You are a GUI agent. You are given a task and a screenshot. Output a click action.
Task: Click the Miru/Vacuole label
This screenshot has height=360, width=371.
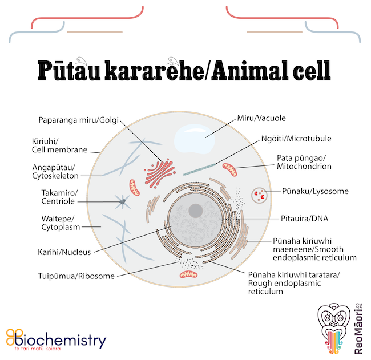pos(261,118)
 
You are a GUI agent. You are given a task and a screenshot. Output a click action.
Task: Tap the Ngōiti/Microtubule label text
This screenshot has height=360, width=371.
pos(296,139)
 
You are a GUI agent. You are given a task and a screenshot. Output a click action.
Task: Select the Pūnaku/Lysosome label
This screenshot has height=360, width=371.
pos(315,191)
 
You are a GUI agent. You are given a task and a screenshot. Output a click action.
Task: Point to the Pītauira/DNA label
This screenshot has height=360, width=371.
pos(305,219)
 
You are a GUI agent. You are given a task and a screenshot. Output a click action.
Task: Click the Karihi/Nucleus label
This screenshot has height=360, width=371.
pos(64,252)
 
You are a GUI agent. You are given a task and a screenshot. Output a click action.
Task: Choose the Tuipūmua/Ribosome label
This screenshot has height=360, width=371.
pos(76,276)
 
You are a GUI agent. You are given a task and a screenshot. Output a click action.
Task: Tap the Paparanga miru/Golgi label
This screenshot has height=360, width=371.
pos(79,120)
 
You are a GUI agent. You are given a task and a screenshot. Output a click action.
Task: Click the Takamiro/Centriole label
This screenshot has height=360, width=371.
pos(59,197)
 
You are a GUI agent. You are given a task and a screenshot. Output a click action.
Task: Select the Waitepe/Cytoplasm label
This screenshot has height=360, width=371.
pos(61,223)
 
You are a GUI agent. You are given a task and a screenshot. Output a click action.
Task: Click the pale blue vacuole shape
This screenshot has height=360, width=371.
pos(195,139)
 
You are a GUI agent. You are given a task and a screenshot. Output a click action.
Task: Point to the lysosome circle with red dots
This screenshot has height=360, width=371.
pos(259,195)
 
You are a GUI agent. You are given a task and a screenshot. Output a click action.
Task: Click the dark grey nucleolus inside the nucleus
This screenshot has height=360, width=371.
pos(196,211)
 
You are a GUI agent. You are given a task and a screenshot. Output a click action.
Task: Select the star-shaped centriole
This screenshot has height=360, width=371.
pos(122,202)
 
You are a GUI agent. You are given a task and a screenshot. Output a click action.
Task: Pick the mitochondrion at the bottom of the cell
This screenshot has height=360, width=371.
pos(188,274)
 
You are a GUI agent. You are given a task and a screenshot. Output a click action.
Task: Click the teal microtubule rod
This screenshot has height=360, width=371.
pos(199,169)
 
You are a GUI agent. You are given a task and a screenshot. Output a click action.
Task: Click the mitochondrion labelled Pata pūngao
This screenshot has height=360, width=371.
pos(229,169)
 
